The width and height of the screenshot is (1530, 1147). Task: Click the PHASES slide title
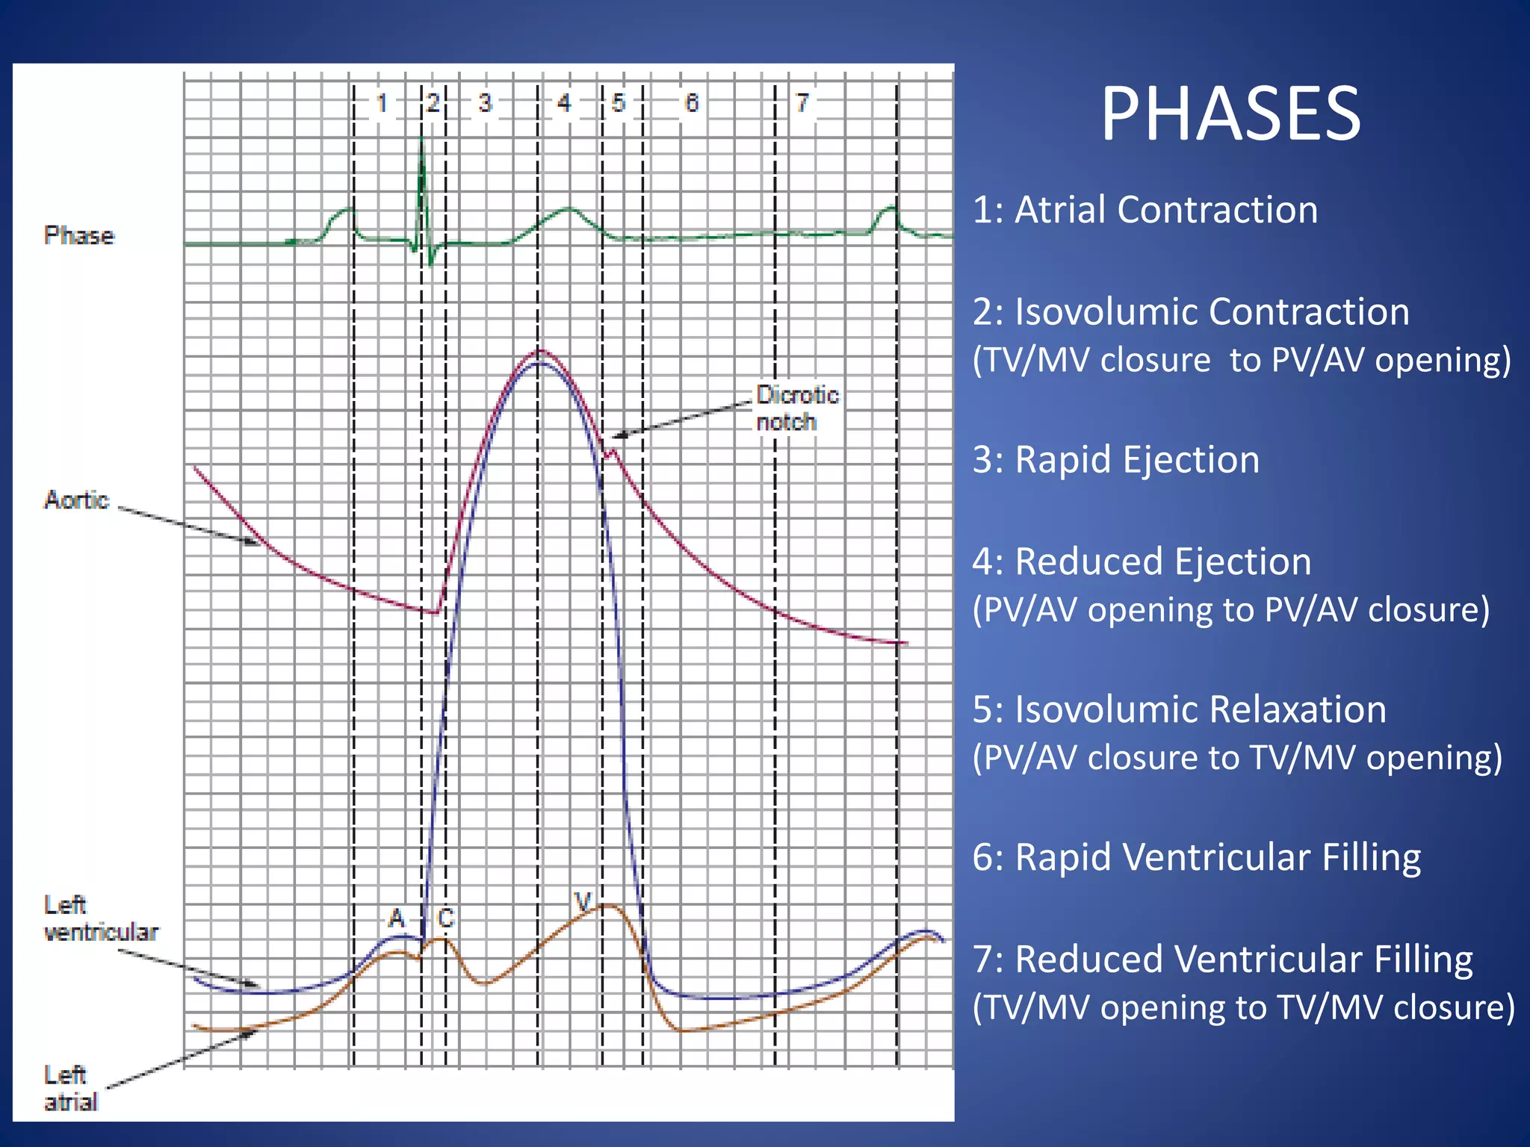(1230, 114)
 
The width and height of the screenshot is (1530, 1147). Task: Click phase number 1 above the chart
(382, 103)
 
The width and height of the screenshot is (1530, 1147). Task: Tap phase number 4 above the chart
(564, 103)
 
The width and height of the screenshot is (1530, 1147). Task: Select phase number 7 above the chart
(802, 103)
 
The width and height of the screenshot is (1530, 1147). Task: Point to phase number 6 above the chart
(692, 103)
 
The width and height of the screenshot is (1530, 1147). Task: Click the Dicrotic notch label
(796, 408)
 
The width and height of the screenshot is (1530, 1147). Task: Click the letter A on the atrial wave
(396, 918)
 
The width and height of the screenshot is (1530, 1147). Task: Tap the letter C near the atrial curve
(446, 918)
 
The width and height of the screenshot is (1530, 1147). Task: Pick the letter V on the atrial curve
(583, 901)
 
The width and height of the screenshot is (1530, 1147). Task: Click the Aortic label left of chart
(76, 500)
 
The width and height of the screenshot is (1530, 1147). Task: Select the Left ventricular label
(100, 918)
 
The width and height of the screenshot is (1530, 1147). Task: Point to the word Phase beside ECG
(78, 236)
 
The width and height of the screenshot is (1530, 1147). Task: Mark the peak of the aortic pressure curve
(540, 350)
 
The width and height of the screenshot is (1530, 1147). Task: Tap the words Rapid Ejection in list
(1137, 459)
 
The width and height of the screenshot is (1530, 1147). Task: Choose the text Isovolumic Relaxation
(1200, 709)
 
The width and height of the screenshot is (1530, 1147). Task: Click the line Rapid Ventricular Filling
(1218, 857)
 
